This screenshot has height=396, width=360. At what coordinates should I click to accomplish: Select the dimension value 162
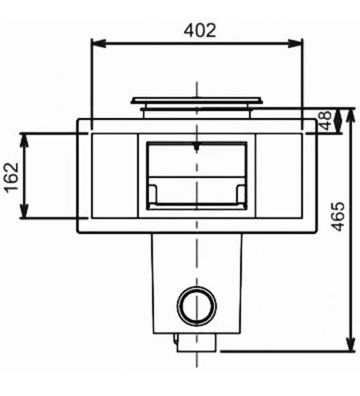click(12, 177)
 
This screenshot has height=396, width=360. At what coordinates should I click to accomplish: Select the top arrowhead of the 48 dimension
click(338, 111)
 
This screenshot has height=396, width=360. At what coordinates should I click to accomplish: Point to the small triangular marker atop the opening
click(196, 148)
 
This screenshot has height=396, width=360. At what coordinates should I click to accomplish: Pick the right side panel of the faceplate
click(278, 175)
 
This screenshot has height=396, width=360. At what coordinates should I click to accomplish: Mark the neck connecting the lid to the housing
click(196, 113)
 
